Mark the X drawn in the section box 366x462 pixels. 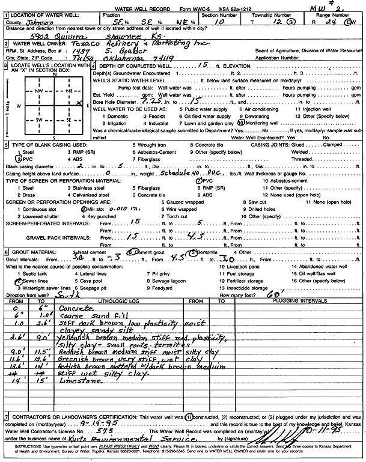(x=80, y=104)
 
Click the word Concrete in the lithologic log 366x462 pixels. (x=74, y=308)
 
